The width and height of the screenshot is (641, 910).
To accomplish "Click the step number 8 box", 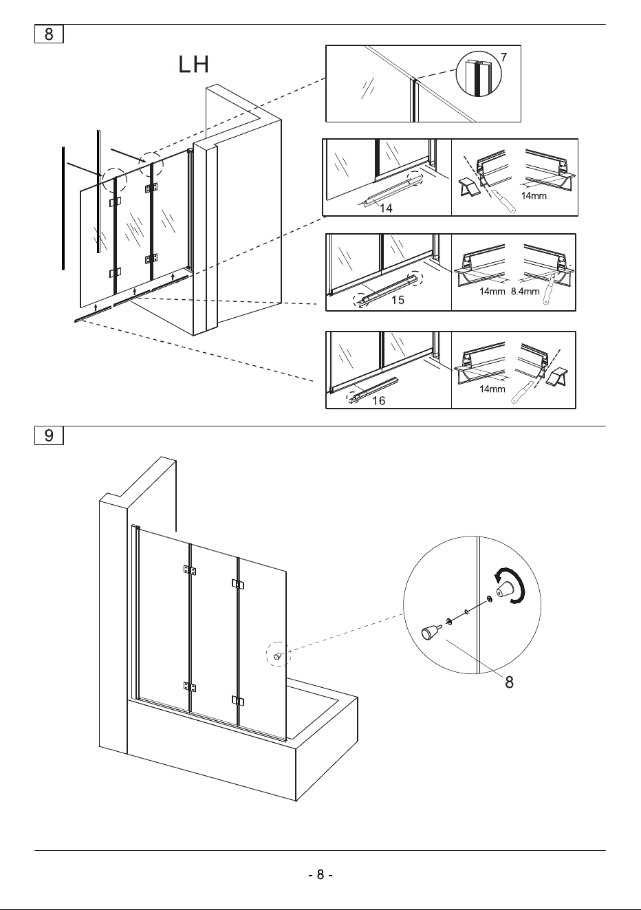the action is tap(49, 34).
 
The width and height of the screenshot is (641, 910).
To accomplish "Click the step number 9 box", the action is tap(49, 435).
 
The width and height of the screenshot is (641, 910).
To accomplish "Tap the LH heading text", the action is tap(194, 64).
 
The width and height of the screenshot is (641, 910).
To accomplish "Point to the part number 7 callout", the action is tap(503, 57).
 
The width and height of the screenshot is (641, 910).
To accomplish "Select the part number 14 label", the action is tap(386, 208).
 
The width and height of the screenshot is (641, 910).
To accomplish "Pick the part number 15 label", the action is tap(398, 300).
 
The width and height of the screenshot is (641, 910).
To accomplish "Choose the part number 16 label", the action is tap(378, 400).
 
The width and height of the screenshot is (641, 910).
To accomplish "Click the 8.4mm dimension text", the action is tap(525, 291).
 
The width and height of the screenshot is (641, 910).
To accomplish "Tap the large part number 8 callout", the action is tap(509, 682).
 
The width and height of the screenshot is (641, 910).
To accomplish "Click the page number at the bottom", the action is tap(320, 874).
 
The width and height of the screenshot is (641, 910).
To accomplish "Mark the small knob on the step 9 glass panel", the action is tap(277, 656).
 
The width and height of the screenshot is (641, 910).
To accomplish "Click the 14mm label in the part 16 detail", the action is tap(492, 389).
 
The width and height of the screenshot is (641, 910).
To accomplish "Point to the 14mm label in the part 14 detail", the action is tap(534, 195).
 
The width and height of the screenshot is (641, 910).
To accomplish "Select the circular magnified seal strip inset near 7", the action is tap(479, 74).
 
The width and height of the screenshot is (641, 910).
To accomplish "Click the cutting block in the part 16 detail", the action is tap(556, 377).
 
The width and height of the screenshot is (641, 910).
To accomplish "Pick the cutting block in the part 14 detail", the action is tap(469, 186).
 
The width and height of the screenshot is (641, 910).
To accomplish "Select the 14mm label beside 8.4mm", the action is tap(492, 291).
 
